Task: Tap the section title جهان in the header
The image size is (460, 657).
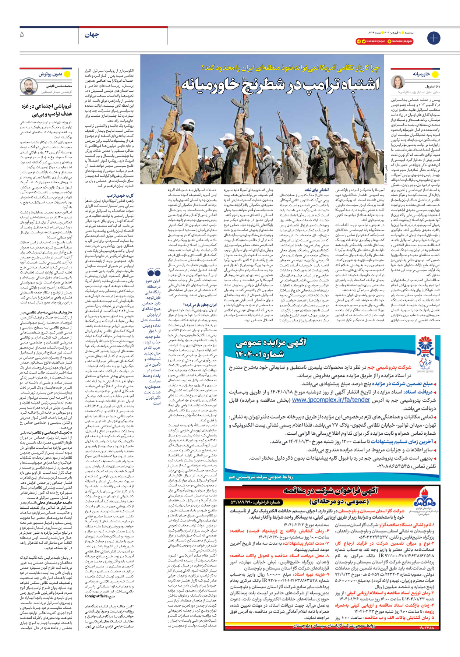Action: tap(92, 35)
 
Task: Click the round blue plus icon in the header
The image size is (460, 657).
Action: tap(434, 38)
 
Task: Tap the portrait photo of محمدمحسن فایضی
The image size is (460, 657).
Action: tap(28, 86)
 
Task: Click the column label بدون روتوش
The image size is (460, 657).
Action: tap(50, 74)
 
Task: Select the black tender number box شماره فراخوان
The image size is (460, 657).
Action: tap(255, 502)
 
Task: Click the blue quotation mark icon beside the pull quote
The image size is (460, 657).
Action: tap(154, 273)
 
